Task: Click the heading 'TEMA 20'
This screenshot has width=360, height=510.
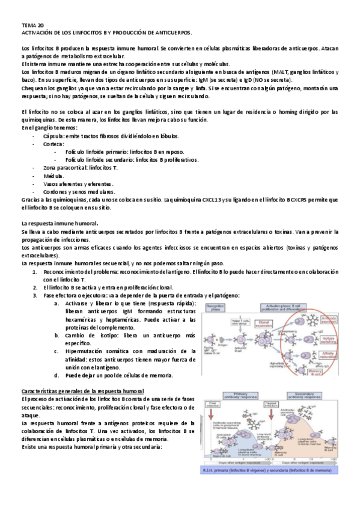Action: point(32,26)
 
